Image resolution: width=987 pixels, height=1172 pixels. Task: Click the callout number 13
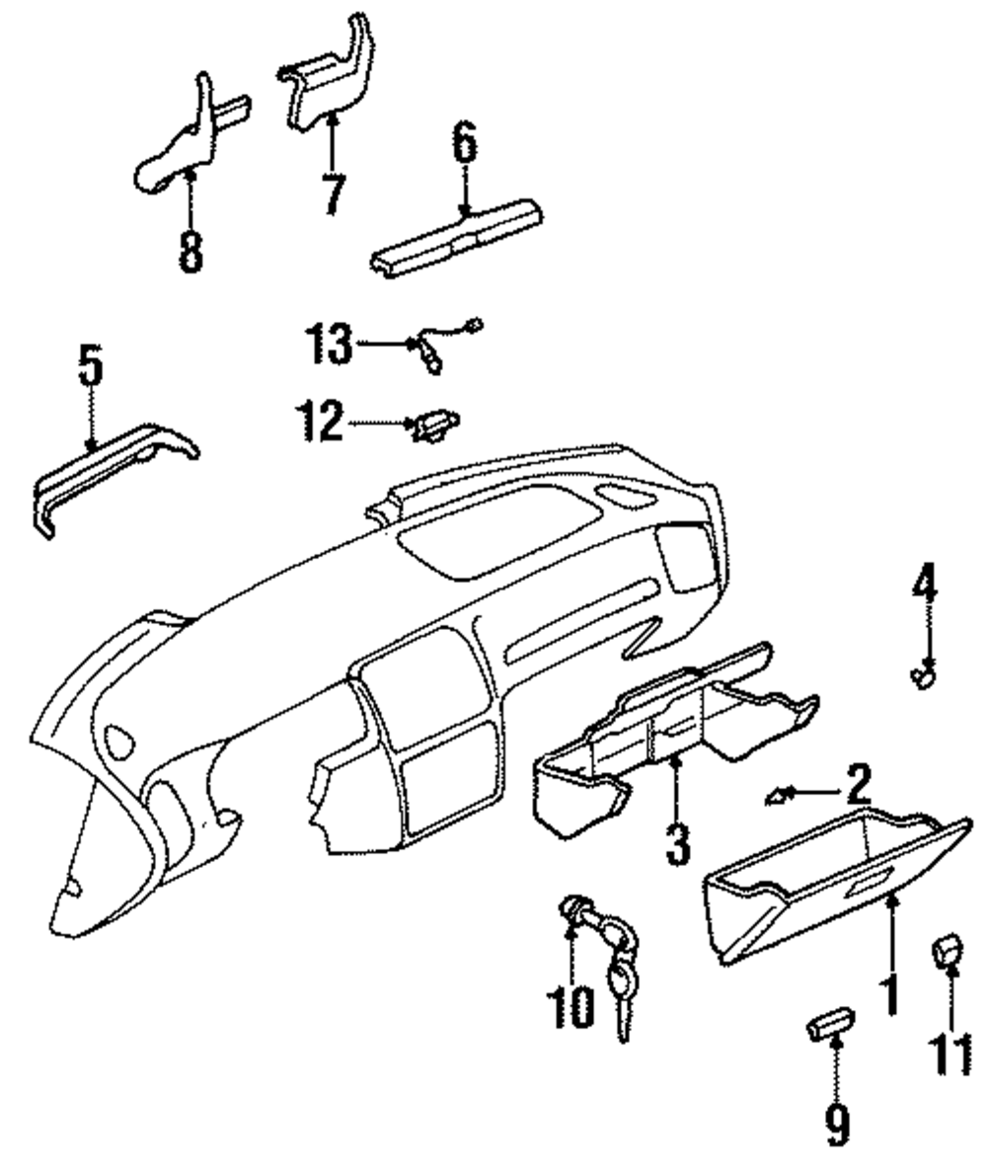[328, 345]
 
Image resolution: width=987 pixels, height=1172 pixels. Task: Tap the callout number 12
[319, 424]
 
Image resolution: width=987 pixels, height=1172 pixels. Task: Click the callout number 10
[570, 1005]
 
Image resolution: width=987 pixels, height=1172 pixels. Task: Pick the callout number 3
[676, 844]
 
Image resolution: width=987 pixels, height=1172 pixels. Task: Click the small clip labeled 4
[925, 676]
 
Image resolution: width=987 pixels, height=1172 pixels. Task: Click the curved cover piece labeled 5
[114, 469]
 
